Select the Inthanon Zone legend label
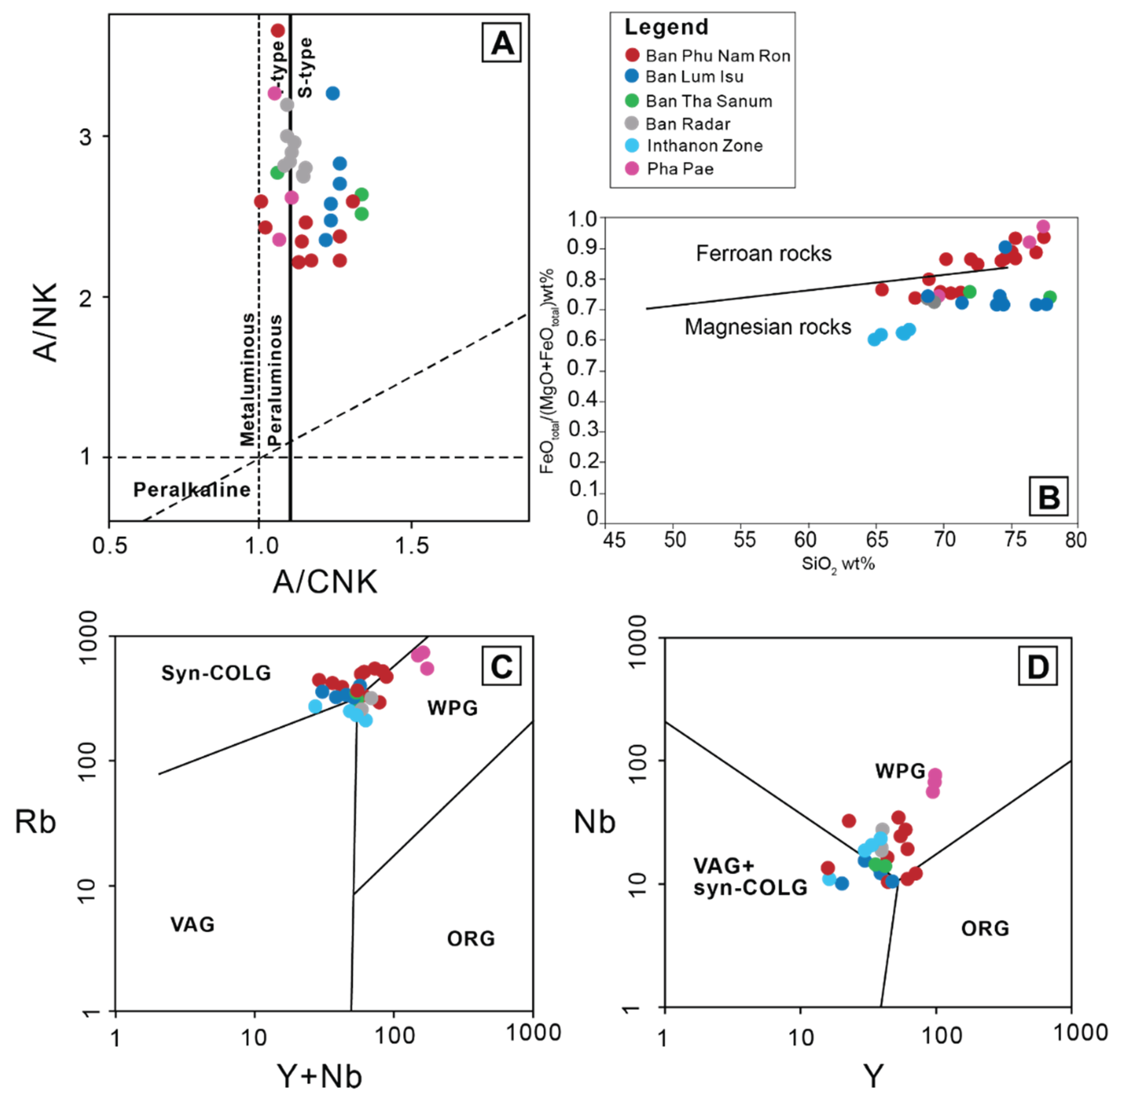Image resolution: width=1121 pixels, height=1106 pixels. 704,146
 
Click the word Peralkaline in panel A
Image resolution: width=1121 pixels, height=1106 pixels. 192,490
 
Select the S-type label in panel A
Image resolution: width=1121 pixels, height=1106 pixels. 305,68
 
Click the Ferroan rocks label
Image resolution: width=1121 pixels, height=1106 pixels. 764,253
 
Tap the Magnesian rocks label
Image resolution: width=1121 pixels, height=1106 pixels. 767,327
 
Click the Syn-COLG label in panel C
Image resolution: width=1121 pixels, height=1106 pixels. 216,673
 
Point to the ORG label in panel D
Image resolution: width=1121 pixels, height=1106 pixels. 985,929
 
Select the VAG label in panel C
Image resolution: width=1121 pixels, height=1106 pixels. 192,924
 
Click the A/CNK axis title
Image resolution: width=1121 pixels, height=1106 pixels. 325,582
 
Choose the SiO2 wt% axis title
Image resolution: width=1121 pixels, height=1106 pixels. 838,564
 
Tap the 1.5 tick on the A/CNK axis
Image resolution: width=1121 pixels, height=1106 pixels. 412,546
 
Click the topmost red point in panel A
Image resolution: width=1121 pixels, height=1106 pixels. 278,30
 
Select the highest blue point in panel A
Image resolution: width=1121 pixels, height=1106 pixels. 332,93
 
